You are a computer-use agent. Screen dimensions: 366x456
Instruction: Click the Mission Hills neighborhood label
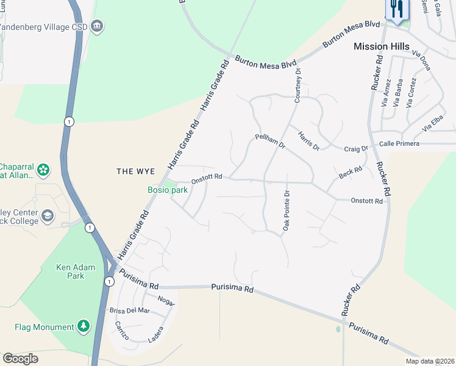(381, 46)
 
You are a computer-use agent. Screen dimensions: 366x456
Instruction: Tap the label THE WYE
(136, 171)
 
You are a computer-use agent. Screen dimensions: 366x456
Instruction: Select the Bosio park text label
(167, 190)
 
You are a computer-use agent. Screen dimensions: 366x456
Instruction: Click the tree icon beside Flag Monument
(84, 327)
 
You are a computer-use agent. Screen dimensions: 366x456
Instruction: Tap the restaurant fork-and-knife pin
(397, 9)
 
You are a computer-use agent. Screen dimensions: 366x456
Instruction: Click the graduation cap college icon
(48, 215)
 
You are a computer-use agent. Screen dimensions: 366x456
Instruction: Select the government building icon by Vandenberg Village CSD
(97, 26)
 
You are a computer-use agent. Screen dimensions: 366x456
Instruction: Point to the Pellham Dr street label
(271, 142)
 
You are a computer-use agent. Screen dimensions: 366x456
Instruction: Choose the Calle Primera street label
(399, 143)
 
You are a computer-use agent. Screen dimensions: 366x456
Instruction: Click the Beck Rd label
(351, 173)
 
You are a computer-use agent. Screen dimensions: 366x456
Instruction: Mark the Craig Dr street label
(356, 148)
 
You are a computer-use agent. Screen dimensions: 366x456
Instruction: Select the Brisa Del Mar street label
(129, 310)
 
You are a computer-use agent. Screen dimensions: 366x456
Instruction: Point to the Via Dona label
(421, 61)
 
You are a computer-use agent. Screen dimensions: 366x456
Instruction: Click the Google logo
(20, 359)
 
